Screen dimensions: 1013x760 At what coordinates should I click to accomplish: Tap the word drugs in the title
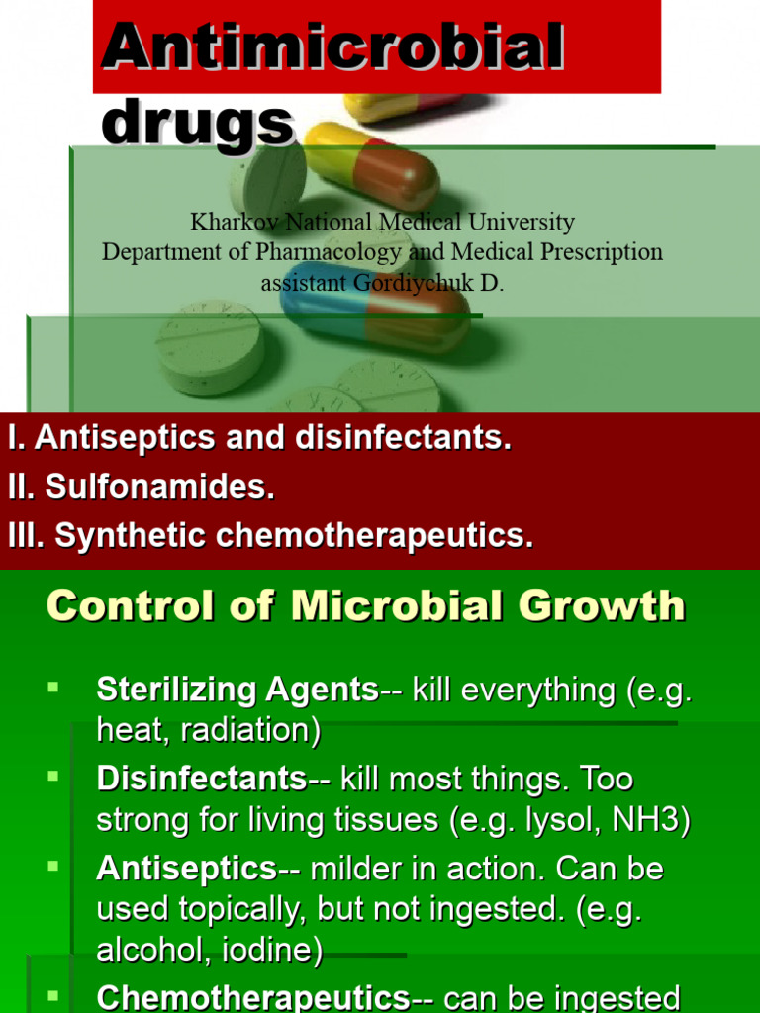click(x=198, y=123)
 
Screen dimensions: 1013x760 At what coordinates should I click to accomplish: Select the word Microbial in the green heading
click(x=371, y=605)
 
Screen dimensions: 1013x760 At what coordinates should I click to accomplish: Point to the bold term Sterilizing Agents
click(x=237, y=690)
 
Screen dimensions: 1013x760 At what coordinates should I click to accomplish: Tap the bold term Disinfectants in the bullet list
click(x=202, y=779)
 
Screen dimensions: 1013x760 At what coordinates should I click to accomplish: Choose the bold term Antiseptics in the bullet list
click(x=186, y=869)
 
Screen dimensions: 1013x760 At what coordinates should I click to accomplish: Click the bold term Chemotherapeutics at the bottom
click(x=252, y=997)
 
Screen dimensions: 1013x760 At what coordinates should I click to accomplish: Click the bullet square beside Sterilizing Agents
click(x=53, y=685)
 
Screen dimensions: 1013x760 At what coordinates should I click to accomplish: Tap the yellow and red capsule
click(x=370, y=164)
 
